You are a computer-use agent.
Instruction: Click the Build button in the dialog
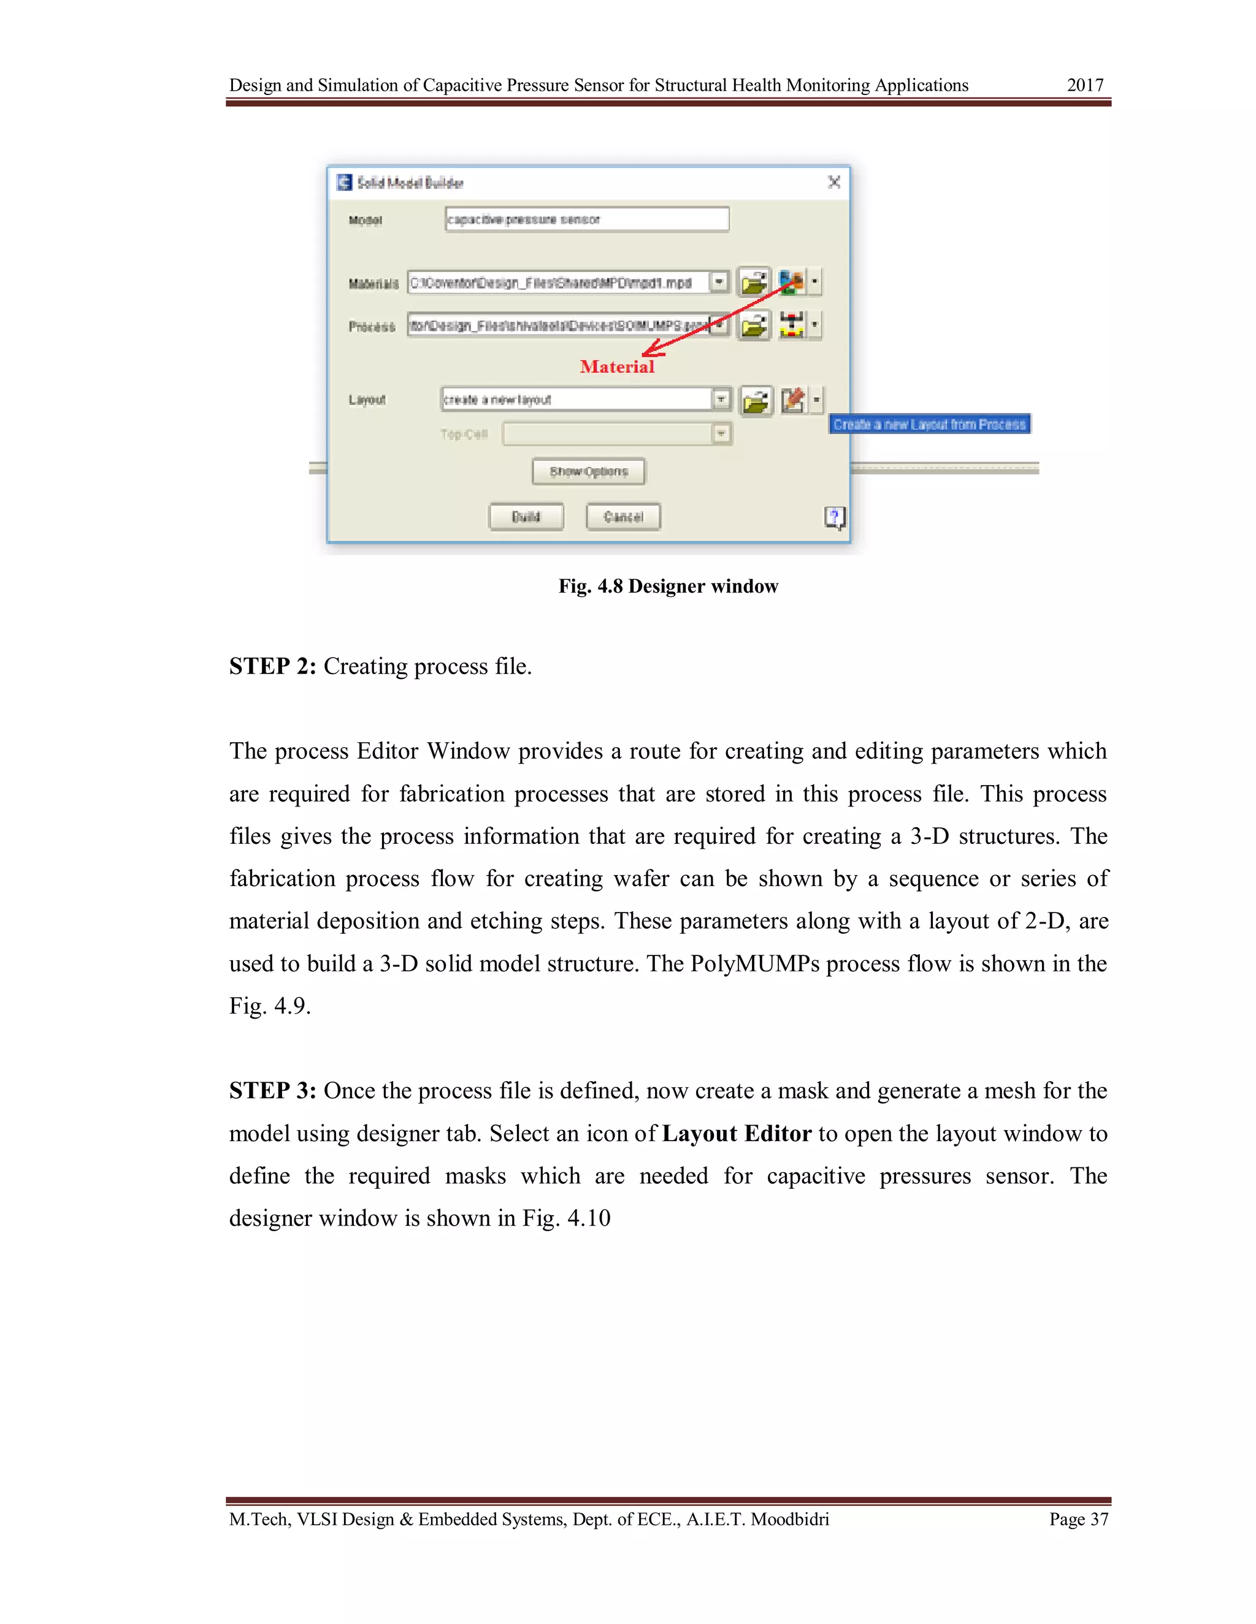pyautogui.click(x=526, y=517)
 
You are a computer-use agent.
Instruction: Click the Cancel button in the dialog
pyautogui.click(x=623, y=517)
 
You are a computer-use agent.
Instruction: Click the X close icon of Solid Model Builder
pyautogui.click(x=834, y=182)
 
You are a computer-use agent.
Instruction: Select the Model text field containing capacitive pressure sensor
pyautogui.click(x=586, y=219)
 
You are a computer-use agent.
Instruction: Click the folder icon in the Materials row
pyautogui.click(x=754, y=283)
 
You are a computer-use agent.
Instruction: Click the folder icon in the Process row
pyautogui.click(x=754, y=325)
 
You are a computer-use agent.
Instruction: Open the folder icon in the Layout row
pyautogui.click(x=756, y=401)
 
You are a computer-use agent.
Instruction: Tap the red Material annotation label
pyautogui.click(x=617, y=366)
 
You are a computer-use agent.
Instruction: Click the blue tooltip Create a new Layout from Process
pyautogui.click(x=929, y=424)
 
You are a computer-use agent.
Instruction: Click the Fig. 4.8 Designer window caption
pyautogui.click(x=667, y=586)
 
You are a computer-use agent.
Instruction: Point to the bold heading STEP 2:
pyautogui.click(x=272, y=666)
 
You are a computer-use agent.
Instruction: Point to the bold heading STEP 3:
pyautogui.click(x=272, y=1091)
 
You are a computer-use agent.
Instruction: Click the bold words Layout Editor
pyautogui.click(x=736, y=1133)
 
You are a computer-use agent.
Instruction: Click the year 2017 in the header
pyautogui.click(x=1084, y=86)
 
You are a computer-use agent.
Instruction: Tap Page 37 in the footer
pyautogui.click(x=1078, y=1519)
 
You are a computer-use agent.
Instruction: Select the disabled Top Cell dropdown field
pyautogui.click(x=616, y=433)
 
